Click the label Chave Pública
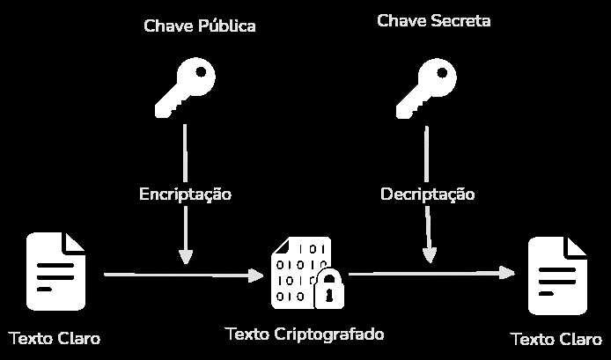coord(200,26)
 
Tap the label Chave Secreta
coord(433,20)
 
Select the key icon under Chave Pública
coord(185,88)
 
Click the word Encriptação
coord(185,194)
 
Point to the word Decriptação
coord(427,194)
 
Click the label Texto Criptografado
coord(305,334)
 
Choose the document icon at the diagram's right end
coord(557,276)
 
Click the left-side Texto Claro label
coord(55,338)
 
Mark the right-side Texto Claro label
coord(556,340)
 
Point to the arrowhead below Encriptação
coord(185,257)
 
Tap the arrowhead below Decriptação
coord(429,256)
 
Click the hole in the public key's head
coord(202,70)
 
